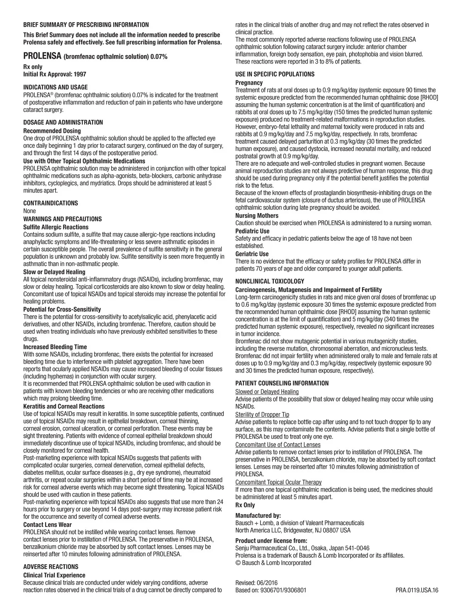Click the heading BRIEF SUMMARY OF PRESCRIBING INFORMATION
[86, 25]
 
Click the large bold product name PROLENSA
[42, 56]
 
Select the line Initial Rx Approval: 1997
[55, 74]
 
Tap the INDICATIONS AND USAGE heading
[56, 87]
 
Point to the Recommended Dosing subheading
[52, 131]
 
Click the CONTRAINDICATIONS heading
[51, 203]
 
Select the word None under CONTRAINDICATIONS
[30, 211]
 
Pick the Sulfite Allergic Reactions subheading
[56, 227]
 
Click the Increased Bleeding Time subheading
[55, 347]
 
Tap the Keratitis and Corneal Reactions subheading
[64, 406]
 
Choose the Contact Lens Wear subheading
[47, 525]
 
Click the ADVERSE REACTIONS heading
[51, 567]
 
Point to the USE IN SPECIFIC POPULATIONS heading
[275, 74]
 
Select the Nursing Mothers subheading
[257, 215]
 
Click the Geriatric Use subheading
[252, 254]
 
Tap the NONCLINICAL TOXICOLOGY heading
[270, 281]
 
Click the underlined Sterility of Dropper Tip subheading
[262, 415]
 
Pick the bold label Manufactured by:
[258, 516]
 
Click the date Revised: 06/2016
[257, 583]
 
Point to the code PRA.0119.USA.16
[417, 590]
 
